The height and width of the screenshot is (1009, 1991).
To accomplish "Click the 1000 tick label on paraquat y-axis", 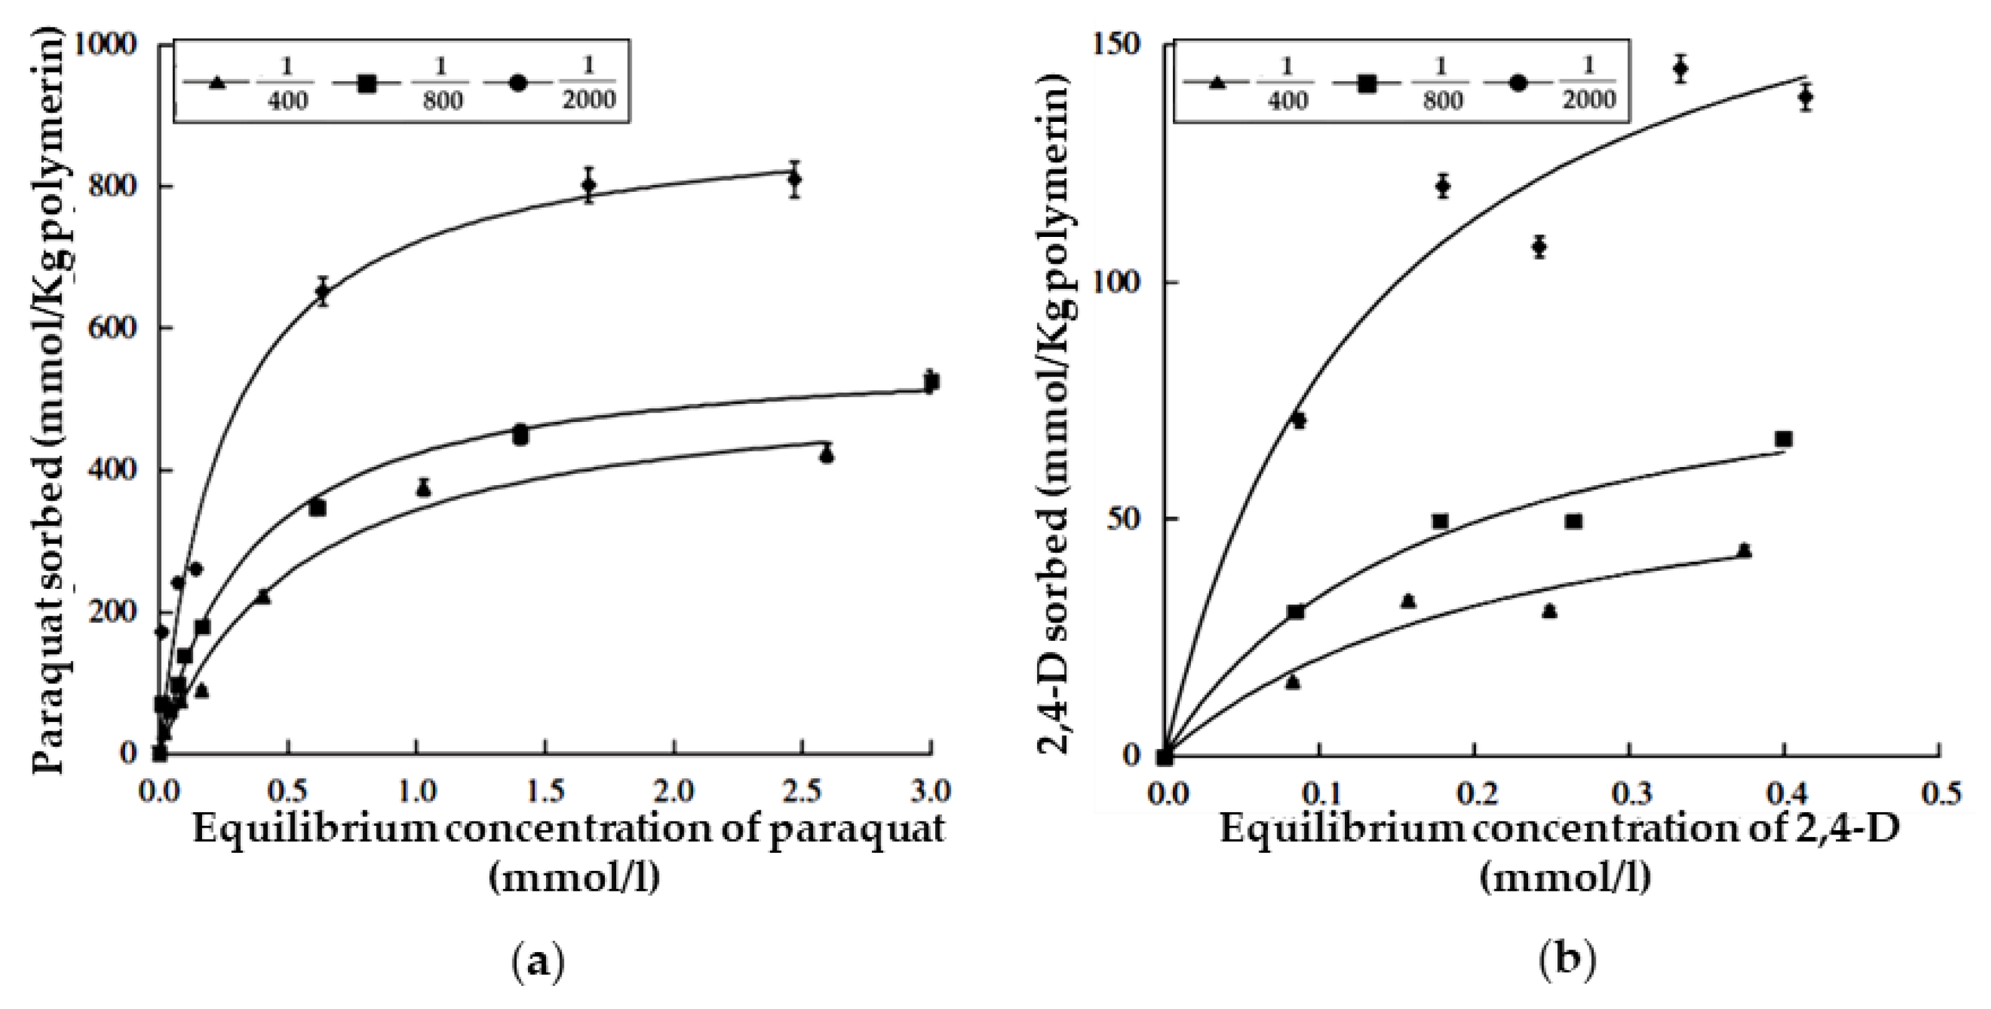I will pyautogui.click(x=115, y=45).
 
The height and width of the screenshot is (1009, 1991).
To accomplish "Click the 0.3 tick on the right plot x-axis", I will pyautogui.click(x=1629, y=794).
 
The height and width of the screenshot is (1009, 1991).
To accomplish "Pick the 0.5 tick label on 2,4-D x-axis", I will pyautogui.click(x=1938, y=794).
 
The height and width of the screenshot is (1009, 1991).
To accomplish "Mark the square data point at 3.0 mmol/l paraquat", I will pyautogui.click(x=931, y=382).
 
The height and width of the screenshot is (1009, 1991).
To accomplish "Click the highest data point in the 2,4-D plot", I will pyautogui.click(x=1679, y=69).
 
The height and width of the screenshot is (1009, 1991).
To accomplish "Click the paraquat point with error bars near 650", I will pyautogui.click(x=322, y=291).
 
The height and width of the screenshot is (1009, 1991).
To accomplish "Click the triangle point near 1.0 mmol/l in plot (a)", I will pyautogui.click(x=423, y=488).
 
